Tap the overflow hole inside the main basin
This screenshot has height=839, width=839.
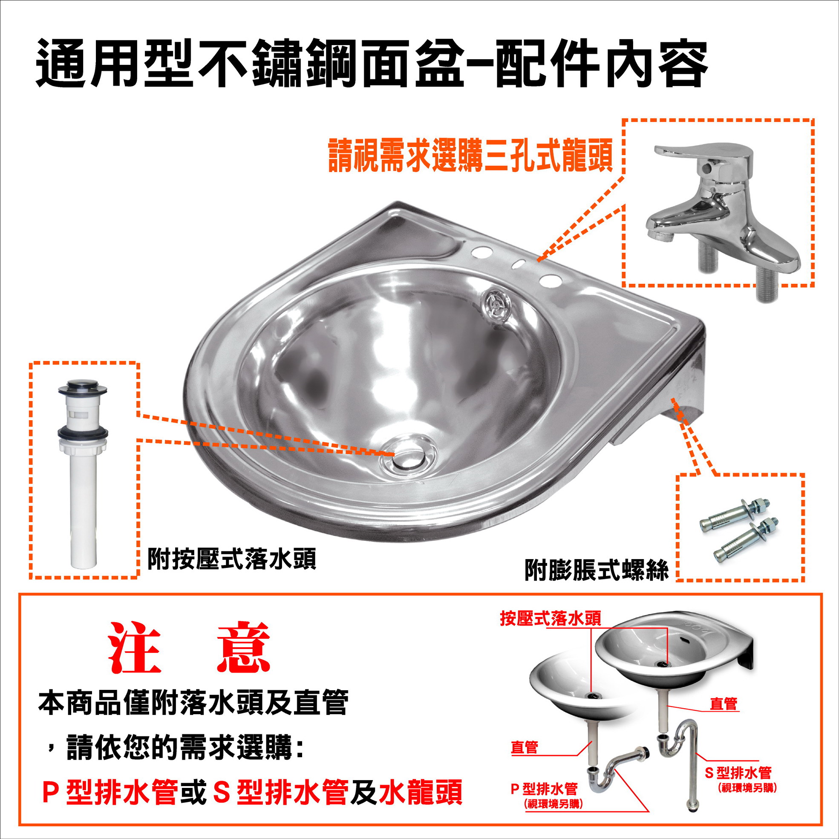pyautogui.click(x=498, y=305)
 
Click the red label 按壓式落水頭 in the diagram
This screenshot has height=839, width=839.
pyautogui.click(x=550, y=619)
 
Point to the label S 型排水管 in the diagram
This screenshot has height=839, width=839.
pyautogui.click(x=738, y=773)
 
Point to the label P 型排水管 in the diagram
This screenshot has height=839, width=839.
pyautogui.click(x=544, y=788)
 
